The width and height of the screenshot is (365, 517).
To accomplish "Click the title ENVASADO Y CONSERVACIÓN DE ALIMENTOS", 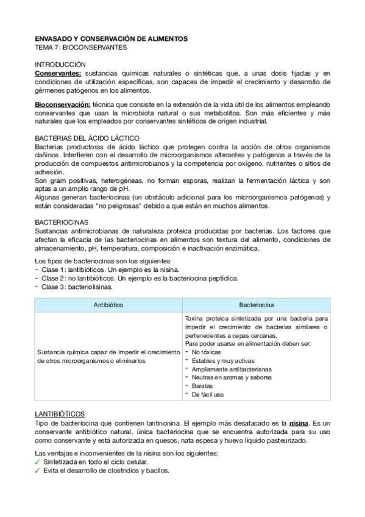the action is pos(111,38).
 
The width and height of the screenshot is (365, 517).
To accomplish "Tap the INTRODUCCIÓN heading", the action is pos(60,64).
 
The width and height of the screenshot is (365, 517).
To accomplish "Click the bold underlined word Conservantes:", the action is pos(58,73).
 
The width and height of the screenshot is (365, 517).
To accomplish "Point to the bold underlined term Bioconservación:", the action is pos(63,105).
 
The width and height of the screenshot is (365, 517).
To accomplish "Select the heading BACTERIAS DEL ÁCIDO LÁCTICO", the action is pos(87,138).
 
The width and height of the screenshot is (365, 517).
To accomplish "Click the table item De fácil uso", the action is pos(207,394).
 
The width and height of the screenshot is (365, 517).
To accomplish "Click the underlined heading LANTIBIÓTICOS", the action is pos(60,413).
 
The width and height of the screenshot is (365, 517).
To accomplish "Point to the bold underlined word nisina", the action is pos(299,423).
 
